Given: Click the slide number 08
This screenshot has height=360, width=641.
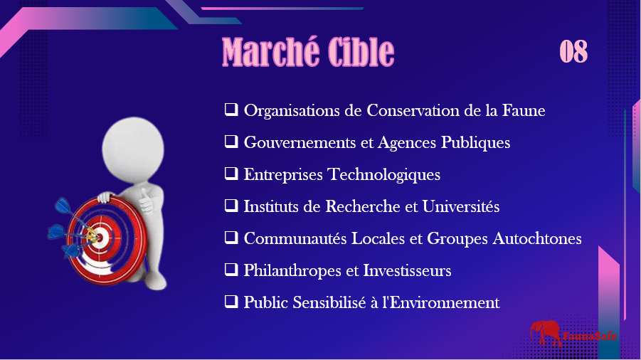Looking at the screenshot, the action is click(573, 51).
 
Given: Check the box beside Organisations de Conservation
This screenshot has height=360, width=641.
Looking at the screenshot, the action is click(231, 110).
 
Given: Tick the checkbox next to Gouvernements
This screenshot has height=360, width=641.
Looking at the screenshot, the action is click(231, 142).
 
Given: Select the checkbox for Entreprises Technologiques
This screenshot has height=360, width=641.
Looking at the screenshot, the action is click(231, 174).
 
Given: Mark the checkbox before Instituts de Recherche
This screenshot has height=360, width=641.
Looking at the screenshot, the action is click(231, 205).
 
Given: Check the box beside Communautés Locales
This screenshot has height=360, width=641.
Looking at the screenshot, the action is click(231, 238).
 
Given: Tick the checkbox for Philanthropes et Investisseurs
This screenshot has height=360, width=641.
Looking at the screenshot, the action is click(231, 269).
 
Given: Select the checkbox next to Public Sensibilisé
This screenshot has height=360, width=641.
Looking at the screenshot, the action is click(231, 302).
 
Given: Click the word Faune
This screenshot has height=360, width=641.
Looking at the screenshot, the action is click(524, 110).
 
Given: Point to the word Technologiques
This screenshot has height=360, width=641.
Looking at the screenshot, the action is click(384, 175).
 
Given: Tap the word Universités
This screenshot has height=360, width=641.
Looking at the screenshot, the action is click(461, 206).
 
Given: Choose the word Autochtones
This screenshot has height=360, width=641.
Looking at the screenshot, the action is click(536, 238).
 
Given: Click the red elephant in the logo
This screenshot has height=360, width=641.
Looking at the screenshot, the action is click(546, 333).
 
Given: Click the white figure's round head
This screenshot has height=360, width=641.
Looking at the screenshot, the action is click(133, 149).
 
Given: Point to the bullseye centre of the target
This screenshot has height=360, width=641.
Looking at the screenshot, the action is click(97, 235).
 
